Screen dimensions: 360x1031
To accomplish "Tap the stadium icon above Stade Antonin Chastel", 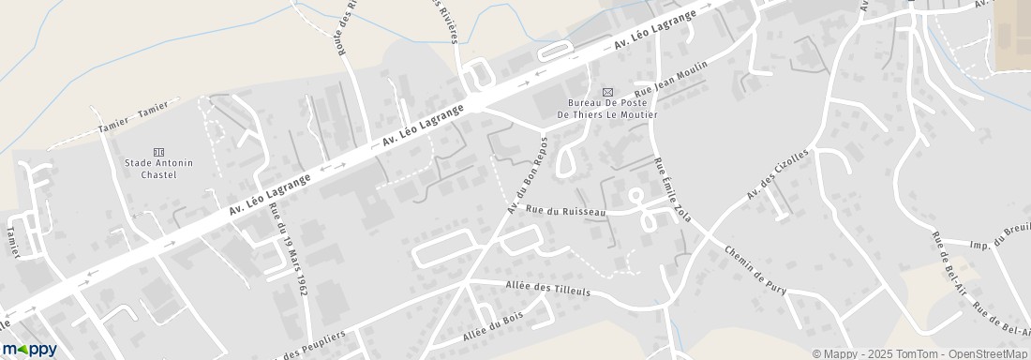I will pos(157,152).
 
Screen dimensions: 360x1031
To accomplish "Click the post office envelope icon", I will pos(607,92).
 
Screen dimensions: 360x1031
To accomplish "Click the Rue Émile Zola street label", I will pos(667,191).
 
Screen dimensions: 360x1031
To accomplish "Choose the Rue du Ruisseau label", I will pos(565,212).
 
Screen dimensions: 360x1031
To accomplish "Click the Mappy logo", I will pos(29,349).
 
